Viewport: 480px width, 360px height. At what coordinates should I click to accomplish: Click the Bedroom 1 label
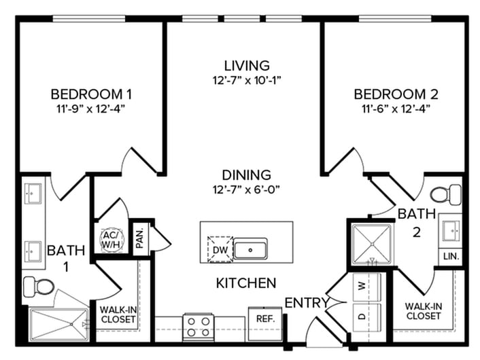click(91, 93)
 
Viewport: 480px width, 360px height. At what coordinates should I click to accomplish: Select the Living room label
click(247, 65)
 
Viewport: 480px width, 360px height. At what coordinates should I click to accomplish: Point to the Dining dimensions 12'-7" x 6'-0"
click(247, 190)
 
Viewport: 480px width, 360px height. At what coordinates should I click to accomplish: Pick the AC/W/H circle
click(110, 240)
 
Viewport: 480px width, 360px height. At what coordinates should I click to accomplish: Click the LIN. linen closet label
click(450, 257)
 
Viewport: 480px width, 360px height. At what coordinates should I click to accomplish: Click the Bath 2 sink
click(450, 231)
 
